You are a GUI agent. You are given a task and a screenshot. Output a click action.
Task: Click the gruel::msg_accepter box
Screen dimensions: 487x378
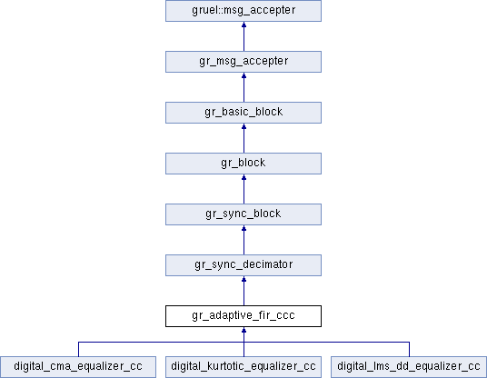tap(243, 11)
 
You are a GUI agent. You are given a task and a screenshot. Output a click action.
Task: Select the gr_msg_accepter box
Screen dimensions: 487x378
tap(243, 62)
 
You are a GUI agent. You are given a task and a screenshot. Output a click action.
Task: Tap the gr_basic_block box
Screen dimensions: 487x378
tap(243, 113)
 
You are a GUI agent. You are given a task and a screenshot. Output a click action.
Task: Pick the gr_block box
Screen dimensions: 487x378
tap(243, 164)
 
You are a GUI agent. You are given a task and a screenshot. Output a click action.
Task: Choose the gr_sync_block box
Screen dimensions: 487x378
tap(243, 214)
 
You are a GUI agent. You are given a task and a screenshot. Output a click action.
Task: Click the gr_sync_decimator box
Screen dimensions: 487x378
tap(243, 265)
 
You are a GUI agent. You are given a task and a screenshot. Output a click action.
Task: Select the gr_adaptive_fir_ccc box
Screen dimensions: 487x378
tap(243, 316)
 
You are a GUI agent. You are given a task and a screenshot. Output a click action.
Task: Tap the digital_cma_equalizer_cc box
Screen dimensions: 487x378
tap(78, 367)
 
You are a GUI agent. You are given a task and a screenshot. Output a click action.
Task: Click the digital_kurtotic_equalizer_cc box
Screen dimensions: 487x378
tap(243, 367)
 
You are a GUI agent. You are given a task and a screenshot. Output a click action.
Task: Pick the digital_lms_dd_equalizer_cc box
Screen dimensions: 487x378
tap(409, 367)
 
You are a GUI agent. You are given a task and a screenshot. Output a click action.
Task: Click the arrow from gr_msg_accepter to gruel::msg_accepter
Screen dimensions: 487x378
tap(243, 36)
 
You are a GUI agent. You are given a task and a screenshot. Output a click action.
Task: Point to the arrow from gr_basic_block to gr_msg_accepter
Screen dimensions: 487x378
tap(243, 87)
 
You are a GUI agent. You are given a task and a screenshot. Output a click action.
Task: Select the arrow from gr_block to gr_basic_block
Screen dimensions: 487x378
tap(243, 138)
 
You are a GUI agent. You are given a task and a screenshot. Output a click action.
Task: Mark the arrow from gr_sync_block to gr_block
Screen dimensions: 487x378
tap(243, 190)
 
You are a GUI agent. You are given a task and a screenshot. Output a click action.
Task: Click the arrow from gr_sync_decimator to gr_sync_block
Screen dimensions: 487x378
tap(243, 241)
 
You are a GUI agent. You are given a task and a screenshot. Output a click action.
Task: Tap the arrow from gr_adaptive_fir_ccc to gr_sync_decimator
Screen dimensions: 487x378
tap(243, 292)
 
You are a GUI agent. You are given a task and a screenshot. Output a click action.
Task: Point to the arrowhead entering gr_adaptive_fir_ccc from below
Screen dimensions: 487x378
tap(243, 330)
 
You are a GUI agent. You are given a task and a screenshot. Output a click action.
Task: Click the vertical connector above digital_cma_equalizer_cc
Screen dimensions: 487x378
tap(78, 350)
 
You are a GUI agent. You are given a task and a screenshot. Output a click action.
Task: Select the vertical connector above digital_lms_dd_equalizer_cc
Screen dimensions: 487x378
tap(409, 350)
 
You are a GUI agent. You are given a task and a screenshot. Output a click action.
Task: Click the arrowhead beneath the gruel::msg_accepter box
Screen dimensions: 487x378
tap(243, 25)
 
